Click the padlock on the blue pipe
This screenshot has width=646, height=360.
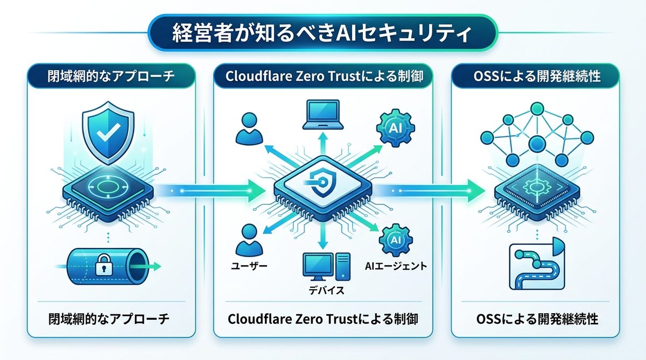click(x=101, y=265)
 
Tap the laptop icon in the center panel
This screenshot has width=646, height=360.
click(x=322, y=115)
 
